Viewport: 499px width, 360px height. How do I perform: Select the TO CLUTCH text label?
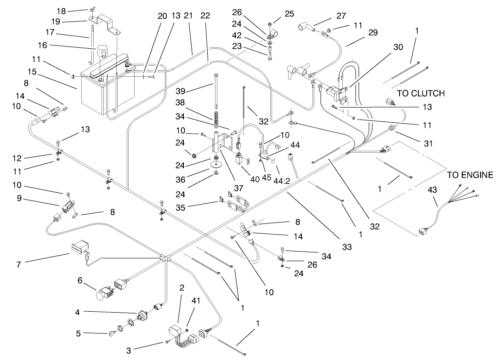420,93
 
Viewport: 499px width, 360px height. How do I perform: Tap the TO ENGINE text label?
470,175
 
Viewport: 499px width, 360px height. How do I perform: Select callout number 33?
347,247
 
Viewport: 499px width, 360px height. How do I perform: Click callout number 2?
181,288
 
